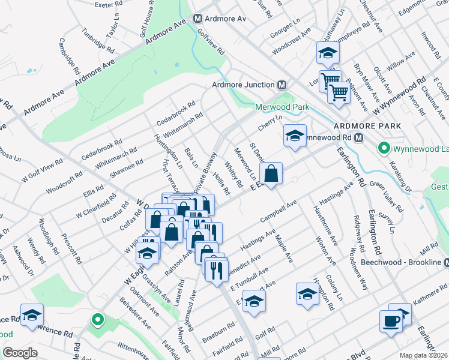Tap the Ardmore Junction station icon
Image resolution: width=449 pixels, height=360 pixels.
(282, 85)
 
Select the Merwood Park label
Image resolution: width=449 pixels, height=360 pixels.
(282, 107)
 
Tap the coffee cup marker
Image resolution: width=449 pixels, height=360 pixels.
(390, 320)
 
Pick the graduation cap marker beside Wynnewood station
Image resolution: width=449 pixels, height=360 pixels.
(295, 136)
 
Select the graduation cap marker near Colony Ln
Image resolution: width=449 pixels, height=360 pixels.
(307, 294)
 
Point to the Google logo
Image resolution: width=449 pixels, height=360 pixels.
(20, 353)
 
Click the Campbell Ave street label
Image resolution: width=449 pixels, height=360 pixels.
(279, 212)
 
